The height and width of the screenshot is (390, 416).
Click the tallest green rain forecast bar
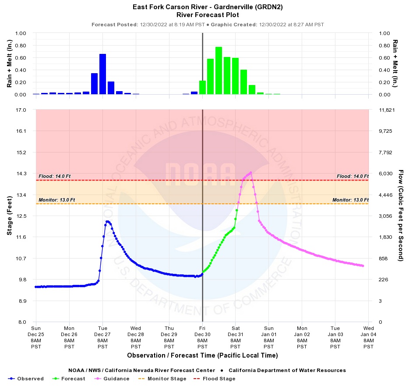(x=219, y=71)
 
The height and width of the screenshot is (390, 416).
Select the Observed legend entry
(x=26, y=379)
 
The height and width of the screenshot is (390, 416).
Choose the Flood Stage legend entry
(x=213, y=379)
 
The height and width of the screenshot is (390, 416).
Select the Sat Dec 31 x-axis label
(x=236, y=337)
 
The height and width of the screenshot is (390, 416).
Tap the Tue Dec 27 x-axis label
(x=102, y=337)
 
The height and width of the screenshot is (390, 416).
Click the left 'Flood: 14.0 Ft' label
(x=54, y=176)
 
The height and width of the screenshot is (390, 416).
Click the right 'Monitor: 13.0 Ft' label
(x=350, y=200)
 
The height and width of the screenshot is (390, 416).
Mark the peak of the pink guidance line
(x=250, y=172)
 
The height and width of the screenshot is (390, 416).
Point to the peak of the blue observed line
(x=107, y=221)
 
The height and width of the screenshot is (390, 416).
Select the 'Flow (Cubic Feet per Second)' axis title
(x=400, y=216)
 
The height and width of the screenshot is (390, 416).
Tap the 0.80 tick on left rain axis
(x=21, y=46)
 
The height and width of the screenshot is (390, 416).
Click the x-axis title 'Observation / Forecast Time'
(x=202, y=355)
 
